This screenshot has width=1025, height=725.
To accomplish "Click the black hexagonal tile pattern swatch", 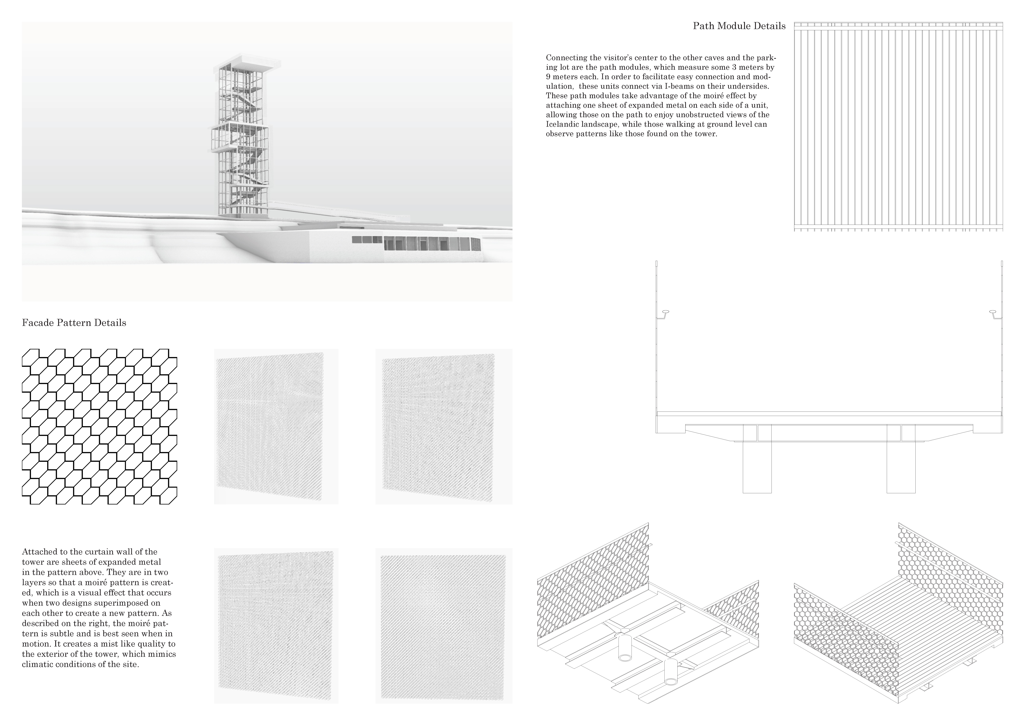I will pos(99,427).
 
